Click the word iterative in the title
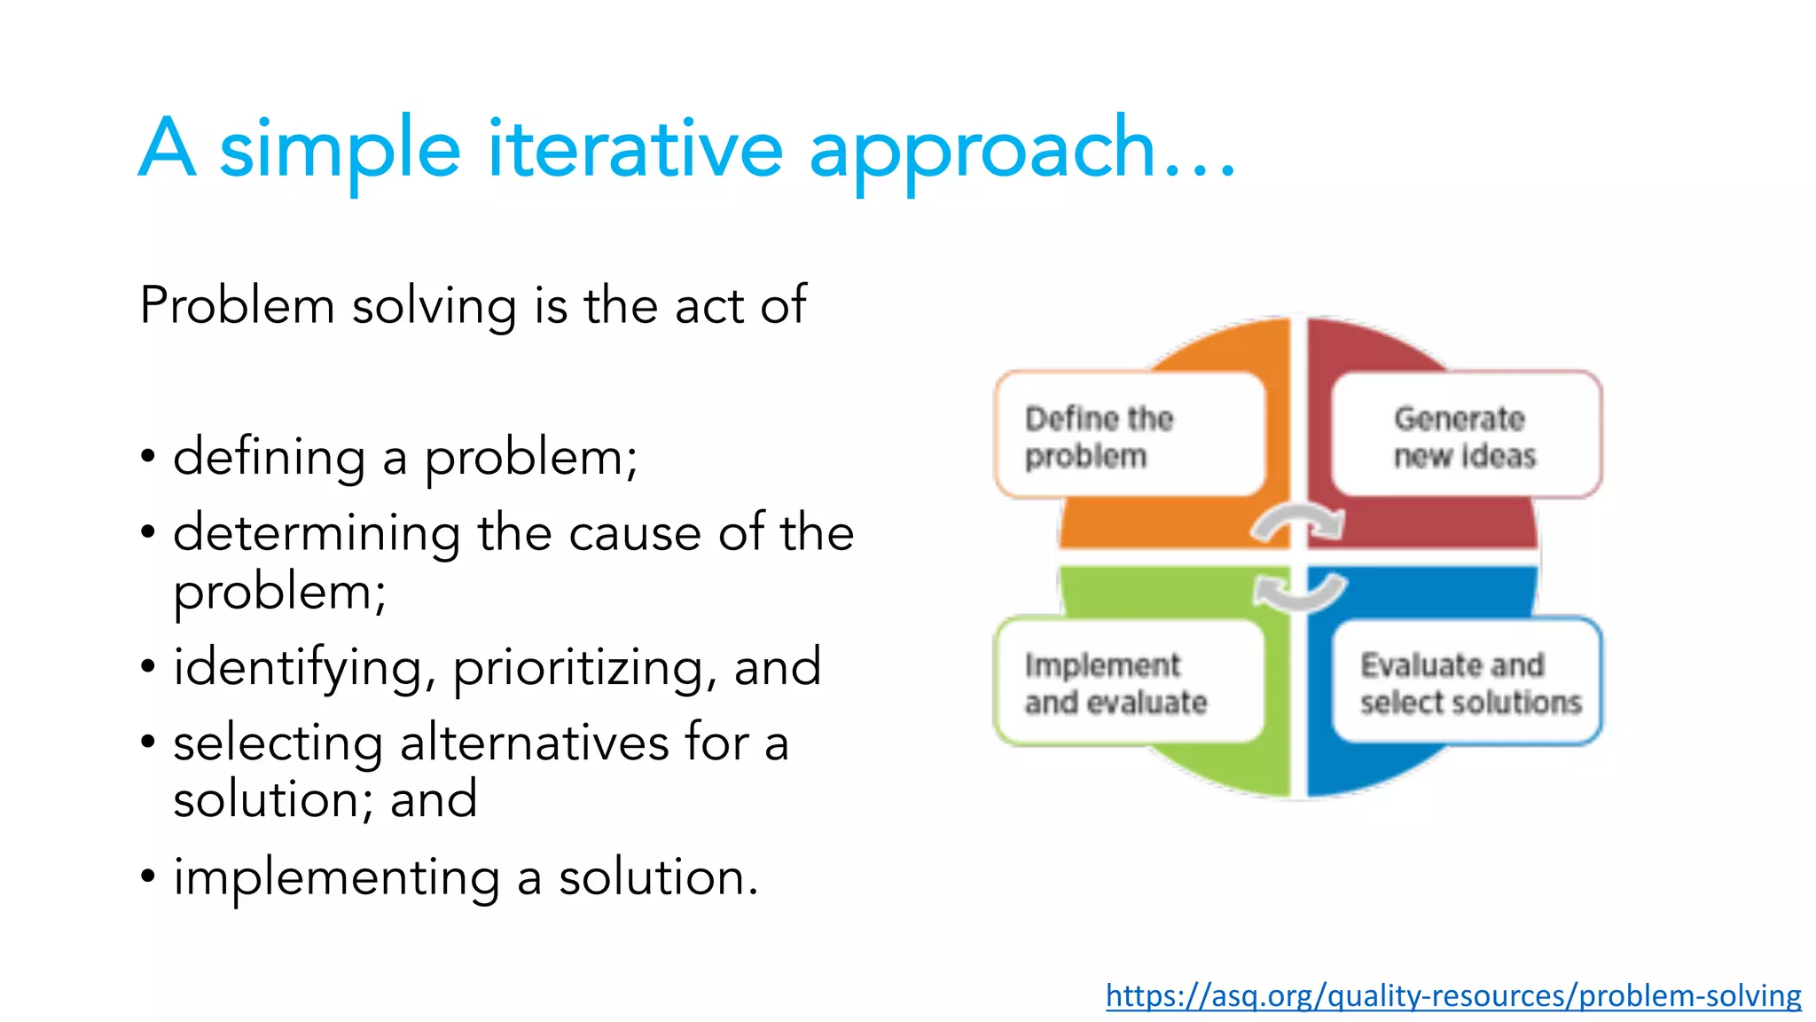[635, 148]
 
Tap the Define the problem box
[1130, 436]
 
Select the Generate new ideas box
[1466, 436]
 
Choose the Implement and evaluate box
[1130, 682]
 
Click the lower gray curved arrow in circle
[1300, 592]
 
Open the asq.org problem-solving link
[1452, 995]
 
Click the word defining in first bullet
[269, 458]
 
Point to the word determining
[317, 534]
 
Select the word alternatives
[534, 743]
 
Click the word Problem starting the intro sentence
[237, 306]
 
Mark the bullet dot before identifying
[148, 666]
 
